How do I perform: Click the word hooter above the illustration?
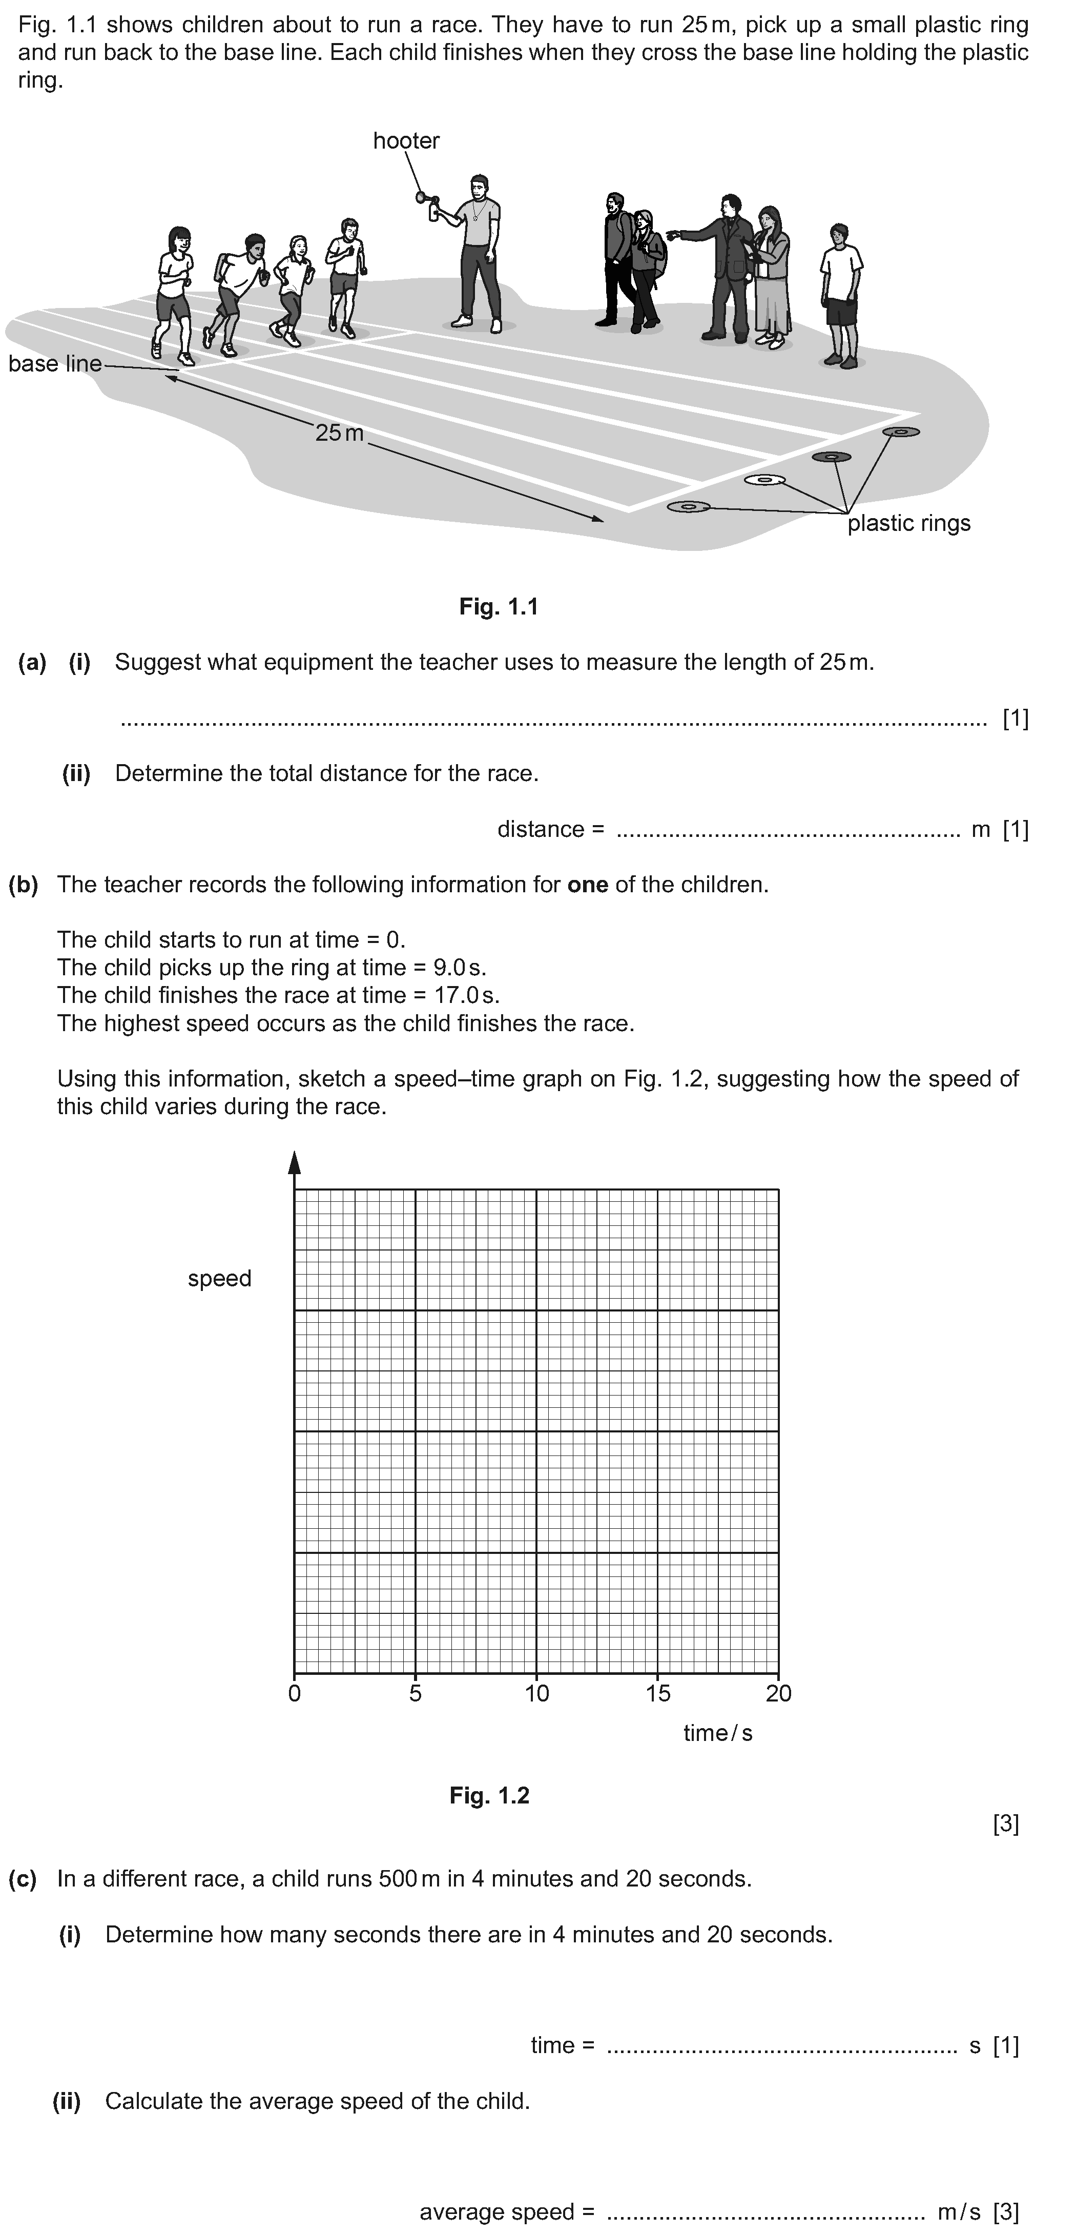tap(406, 140)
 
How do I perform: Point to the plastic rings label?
tap(908, 523)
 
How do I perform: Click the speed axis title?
tap(219, 1278)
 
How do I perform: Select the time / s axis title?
tap(718, 1733)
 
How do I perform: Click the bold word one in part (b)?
tap(588, 885)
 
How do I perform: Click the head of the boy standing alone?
tap(838, 234)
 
